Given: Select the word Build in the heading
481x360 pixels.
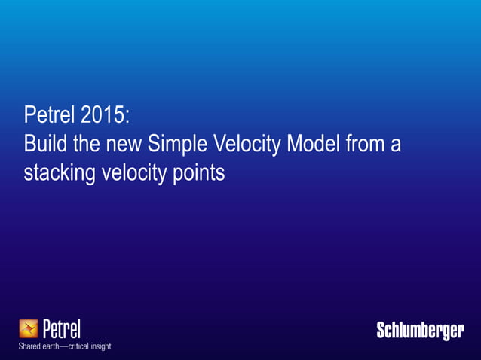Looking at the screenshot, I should [44, 143].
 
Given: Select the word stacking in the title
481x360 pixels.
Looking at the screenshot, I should [60, 172].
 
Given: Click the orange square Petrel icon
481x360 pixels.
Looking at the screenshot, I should [29, 329].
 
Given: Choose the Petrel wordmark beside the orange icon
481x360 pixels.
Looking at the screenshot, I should [61, 329].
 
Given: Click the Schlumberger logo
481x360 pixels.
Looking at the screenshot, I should [420, 331].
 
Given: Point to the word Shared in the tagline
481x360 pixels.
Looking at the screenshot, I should [31, 346].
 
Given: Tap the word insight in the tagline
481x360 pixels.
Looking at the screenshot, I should [101, 346].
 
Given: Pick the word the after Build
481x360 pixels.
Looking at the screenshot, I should [84, 143].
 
